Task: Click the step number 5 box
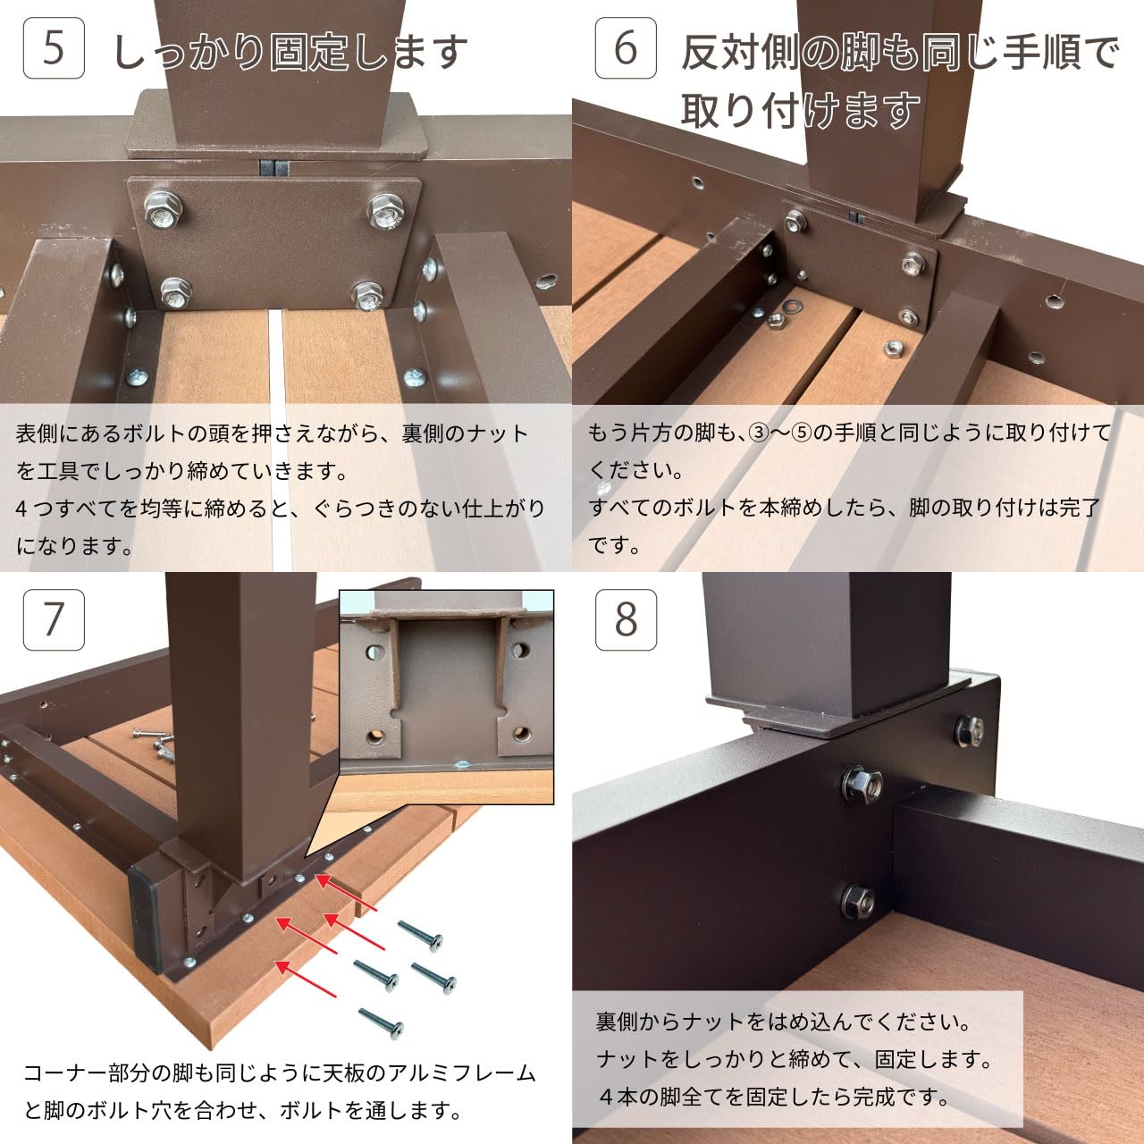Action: [54, 47]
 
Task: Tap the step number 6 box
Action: [626, 47]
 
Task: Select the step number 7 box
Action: [54, 619]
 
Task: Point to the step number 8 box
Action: [626, 619]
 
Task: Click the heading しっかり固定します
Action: [290, 52]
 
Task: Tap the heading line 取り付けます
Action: [800, 111]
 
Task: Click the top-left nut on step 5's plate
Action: [163, 210]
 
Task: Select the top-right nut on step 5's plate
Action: [384, 211]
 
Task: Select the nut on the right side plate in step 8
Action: [971, 731]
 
